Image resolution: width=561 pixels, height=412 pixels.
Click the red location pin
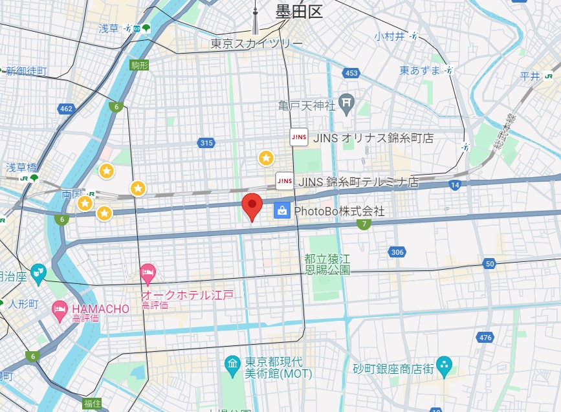tap(252, 206)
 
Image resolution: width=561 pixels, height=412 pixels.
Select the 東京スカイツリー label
tap(256, 43)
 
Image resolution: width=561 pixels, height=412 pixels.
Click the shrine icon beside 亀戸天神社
tap(347, 102)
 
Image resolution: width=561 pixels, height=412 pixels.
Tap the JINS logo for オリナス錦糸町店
tap(298, 138)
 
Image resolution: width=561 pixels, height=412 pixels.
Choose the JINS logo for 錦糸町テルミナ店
tap(284, 181)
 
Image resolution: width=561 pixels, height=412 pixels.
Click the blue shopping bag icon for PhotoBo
tap(281, 210)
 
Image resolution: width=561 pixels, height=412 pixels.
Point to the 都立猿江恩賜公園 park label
tap(327, 264)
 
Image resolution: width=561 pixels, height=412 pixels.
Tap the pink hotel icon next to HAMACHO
tap(60, 309)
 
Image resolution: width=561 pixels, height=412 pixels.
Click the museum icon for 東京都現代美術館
tap(232, 365)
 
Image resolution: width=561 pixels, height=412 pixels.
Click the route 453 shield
tap(351, 73)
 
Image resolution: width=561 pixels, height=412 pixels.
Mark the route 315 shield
tap(206, 143)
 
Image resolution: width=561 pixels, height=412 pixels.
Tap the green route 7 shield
tap(364, 224)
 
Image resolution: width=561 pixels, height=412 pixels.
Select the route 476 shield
tap(485, 337)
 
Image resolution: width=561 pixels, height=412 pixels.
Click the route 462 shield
tap(66, 109)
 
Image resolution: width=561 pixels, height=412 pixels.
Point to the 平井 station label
tap(530, 76)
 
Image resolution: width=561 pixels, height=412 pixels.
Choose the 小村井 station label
tap(388, 36)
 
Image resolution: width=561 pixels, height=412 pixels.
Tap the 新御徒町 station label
tap(26, 71)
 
